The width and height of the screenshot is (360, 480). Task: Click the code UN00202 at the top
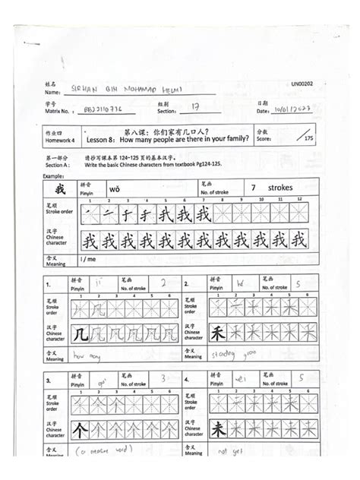tap(302, 84)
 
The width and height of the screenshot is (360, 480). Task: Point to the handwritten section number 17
tap(195, 108)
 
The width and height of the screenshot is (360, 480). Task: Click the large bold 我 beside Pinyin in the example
tap(60, 188)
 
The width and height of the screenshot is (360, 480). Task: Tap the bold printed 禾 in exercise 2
tap(217, 334)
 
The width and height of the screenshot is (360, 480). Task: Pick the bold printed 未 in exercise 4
tap(217, 430)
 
